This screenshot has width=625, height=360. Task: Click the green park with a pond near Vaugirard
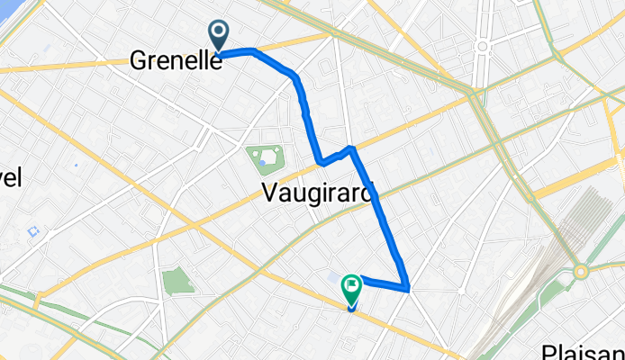(266, 161)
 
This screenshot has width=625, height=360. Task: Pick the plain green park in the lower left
(178, 280)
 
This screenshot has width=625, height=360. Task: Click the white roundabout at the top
(482, 45)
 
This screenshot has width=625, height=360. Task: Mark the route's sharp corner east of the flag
(409, 289)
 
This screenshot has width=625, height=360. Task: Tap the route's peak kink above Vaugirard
(351, 146)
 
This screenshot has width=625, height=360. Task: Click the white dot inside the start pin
(220, 31)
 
